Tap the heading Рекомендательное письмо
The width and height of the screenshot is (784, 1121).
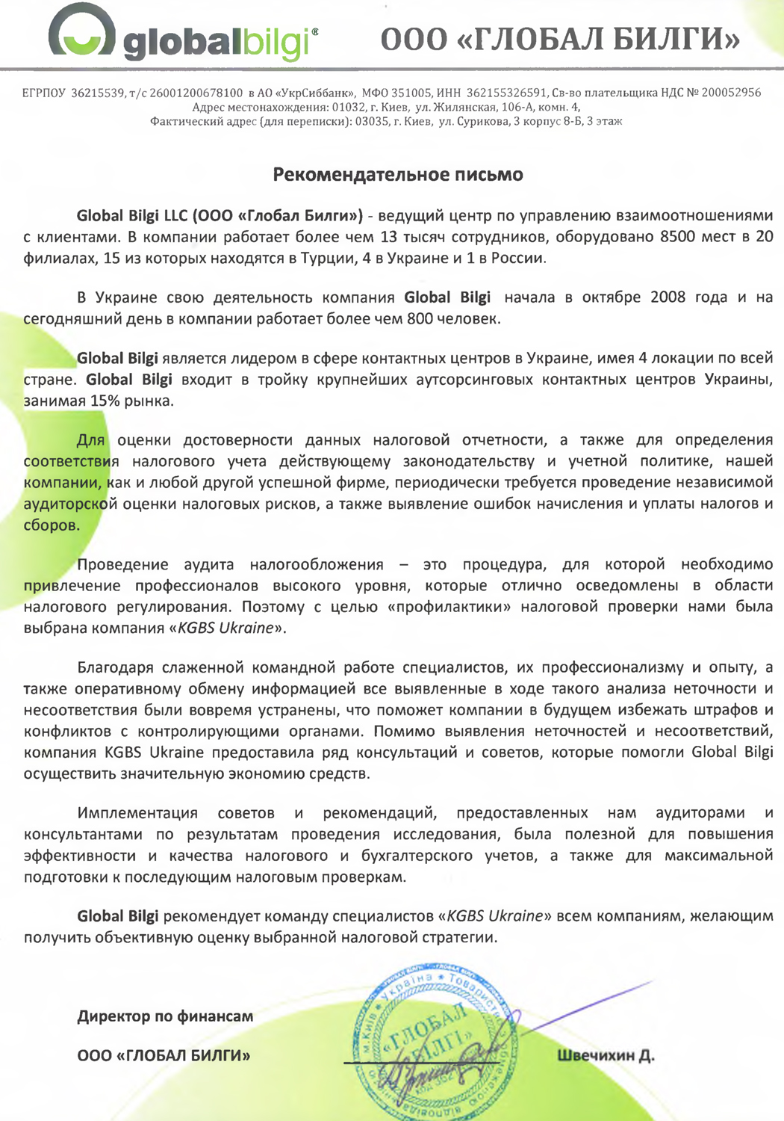click(397, 175)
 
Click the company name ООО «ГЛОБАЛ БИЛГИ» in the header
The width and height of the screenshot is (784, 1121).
click(560, 39)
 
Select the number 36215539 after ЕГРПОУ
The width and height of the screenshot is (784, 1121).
click(98, 93)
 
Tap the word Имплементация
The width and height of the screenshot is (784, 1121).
click(137, 813)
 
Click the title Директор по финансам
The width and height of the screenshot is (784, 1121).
click(165, 1016)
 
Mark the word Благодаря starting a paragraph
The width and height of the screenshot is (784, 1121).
click(116, 667)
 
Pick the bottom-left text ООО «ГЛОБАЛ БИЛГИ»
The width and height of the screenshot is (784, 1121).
click(164, 1056)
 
